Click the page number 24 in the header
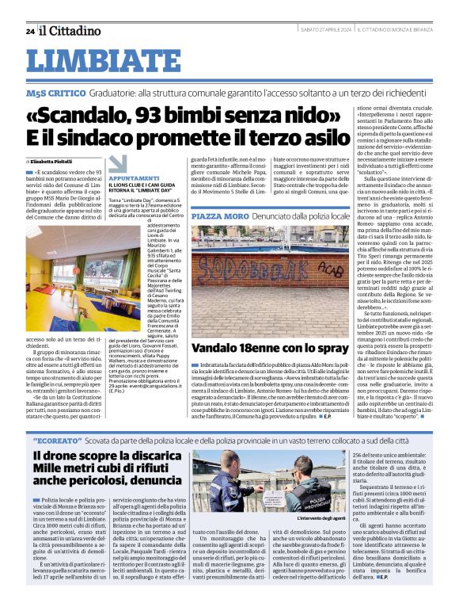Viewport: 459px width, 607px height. coord(30,31)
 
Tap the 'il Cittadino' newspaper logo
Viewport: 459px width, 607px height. coord(71,30)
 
